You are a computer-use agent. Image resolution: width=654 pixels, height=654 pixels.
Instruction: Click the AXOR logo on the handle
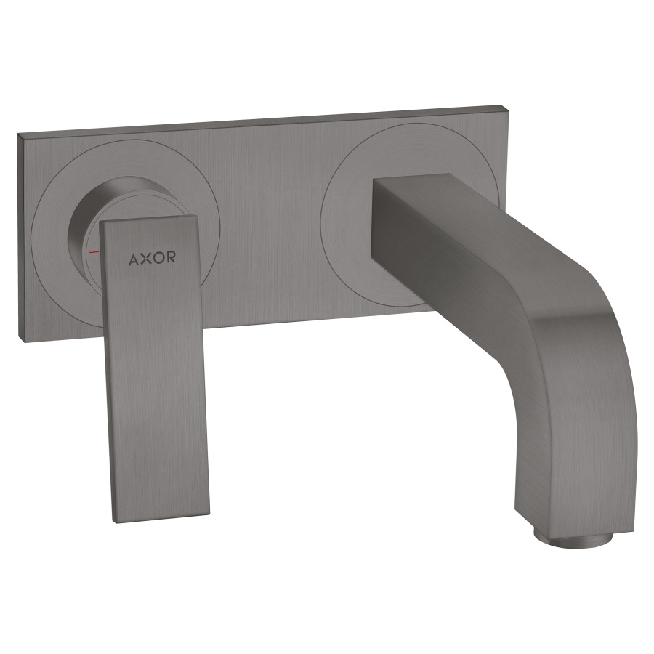[152, 258]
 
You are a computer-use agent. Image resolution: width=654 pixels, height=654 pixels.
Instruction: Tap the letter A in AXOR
[134, 259]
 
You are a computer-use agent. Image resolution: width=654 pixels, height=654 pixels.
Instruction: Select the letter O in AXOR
[159, 258]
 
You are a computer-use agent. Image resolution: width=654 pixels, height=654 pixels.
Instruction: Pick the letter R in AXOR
[171, 257]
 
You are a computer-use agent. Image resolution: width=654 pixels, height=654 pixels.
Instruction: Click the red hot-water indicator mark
[94, 252]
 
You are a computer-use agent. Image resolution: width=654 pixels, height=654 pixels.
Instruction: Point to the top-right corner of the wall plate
[511, 106]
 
